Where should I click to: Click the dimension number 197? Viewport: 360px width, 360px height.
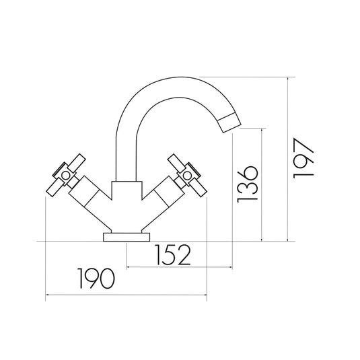pos(303,159)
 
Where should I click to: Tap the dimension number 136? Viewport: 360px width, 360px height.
pos(248,183)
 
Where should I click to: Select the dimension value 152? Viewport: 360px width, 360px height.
pos(170,255)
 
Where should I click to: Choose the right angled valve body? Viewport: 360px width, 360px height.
pos(161,193)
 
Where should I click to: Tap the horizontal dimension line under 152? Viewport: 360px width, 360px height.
pos(178,268)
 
